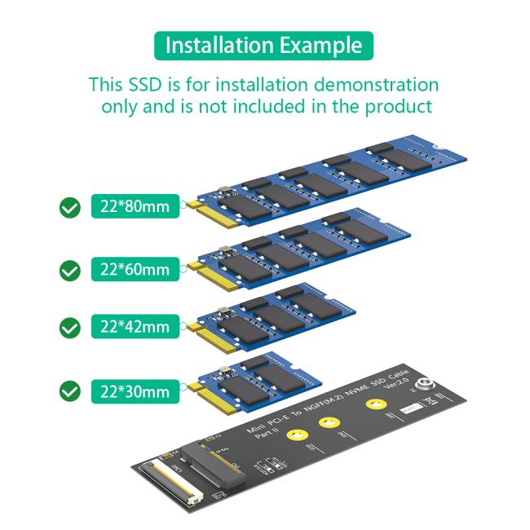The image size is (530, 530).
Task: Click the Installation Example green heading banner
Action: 263,46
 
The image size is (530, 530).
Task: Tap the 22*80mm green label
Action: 135,206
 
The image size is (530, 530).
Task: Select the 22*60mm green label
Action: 135,268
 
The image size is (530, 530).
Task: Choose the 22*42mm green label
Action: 135,327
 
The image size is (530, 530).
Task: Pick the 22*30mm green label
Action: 135,391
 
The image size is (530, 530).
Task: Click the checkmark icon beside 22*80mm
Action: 71,207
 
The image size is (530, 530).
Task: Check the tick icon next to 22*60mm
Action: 71,269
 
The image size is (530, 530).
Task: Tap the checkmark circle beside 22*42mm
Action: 71,328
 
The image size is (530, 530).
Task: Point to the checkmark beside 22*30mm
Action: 71,391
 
